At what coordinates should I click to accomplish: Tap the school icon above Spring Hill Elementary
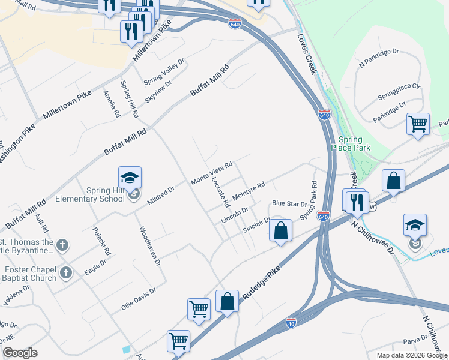pyautogui.click(x=130, y=178)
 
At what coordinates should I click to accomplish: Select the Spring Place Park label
pyautogui.click(x=351, y=143)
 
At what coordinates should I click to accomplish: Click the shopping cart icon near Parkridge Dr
pyautogui.click(x=418, y=124)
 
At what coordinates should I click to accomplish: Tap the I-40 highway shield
pyautogui.click(x=291, y=322)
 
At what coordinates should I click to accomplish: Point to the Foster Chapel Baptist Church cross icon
pyautogui.click(x=66, y=273)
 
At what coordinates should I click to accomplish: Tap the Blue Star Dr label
pyautogui.click(x=289, y=204)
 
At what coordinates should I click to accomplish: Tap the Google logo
pyautogui.click(x=21, y=352)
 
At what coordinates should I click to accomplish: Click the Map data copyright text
pyautogui.click(x=411, y=355)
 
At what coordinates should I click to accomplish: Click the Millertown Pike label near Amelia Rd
pyautogui.click(x=67, y=106)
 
